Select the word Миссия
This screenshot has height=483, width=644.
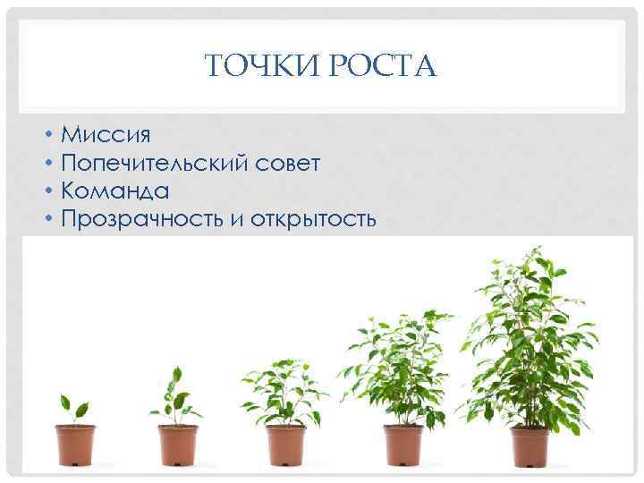(106, 135)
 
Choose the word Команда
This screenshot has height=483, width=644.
(115, 191)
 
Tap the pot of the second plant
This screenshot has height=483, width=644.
(178, 444)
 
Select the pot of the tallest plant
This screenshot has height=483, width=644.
(530, 445)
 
